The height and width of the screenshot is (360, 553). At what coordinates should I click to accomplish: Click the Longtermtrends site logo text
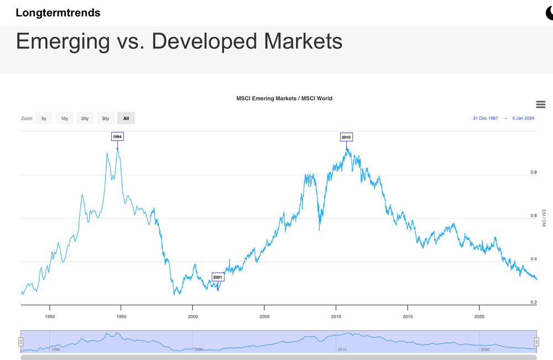point(58,13)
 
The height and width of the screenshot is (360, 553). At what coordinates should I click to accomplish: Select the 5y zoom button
point(44,118)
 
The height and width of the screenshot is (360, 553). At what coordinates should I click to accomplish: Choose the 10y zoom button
point(64,118)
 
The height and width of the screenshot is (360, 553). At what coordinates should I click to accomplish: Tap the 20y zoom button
point(85,118)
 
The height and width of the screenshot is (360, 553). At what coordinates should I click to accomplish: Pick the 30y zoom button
point(105,118)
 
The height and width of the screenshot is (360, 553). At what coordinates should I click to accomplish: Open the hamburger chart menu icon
point(540,105)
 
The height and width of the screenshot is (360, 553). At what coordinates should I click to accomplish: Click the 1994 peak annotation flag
point(117,136)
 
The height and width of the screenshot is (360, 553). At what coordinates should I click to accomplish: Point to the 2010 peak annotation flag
point(346,137)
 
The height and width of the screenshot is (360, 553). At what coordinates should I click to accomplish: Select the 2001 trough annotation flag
point(217,277)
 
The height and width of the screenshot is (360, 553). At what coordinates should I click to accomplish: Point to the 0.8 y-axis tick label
point(534,173)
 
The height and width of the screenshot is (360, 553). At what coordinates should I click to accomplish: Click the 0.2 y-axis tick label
point(534,302)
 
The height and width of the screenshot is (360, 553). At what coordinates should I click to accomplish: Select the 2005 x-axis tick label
point(264,317)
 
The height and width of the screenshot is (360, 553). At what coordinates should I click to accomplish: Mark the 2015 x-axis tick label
point(408,317)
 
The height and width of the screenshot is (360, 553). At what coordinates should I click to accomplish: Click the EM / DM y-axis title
point(544,218)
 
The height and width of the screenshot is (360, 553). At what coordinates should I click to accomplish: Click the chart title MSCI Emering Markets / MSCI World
point(284,98)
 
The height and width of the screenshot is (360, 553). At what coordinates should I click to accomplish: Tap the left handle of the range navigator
point(21,342)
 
